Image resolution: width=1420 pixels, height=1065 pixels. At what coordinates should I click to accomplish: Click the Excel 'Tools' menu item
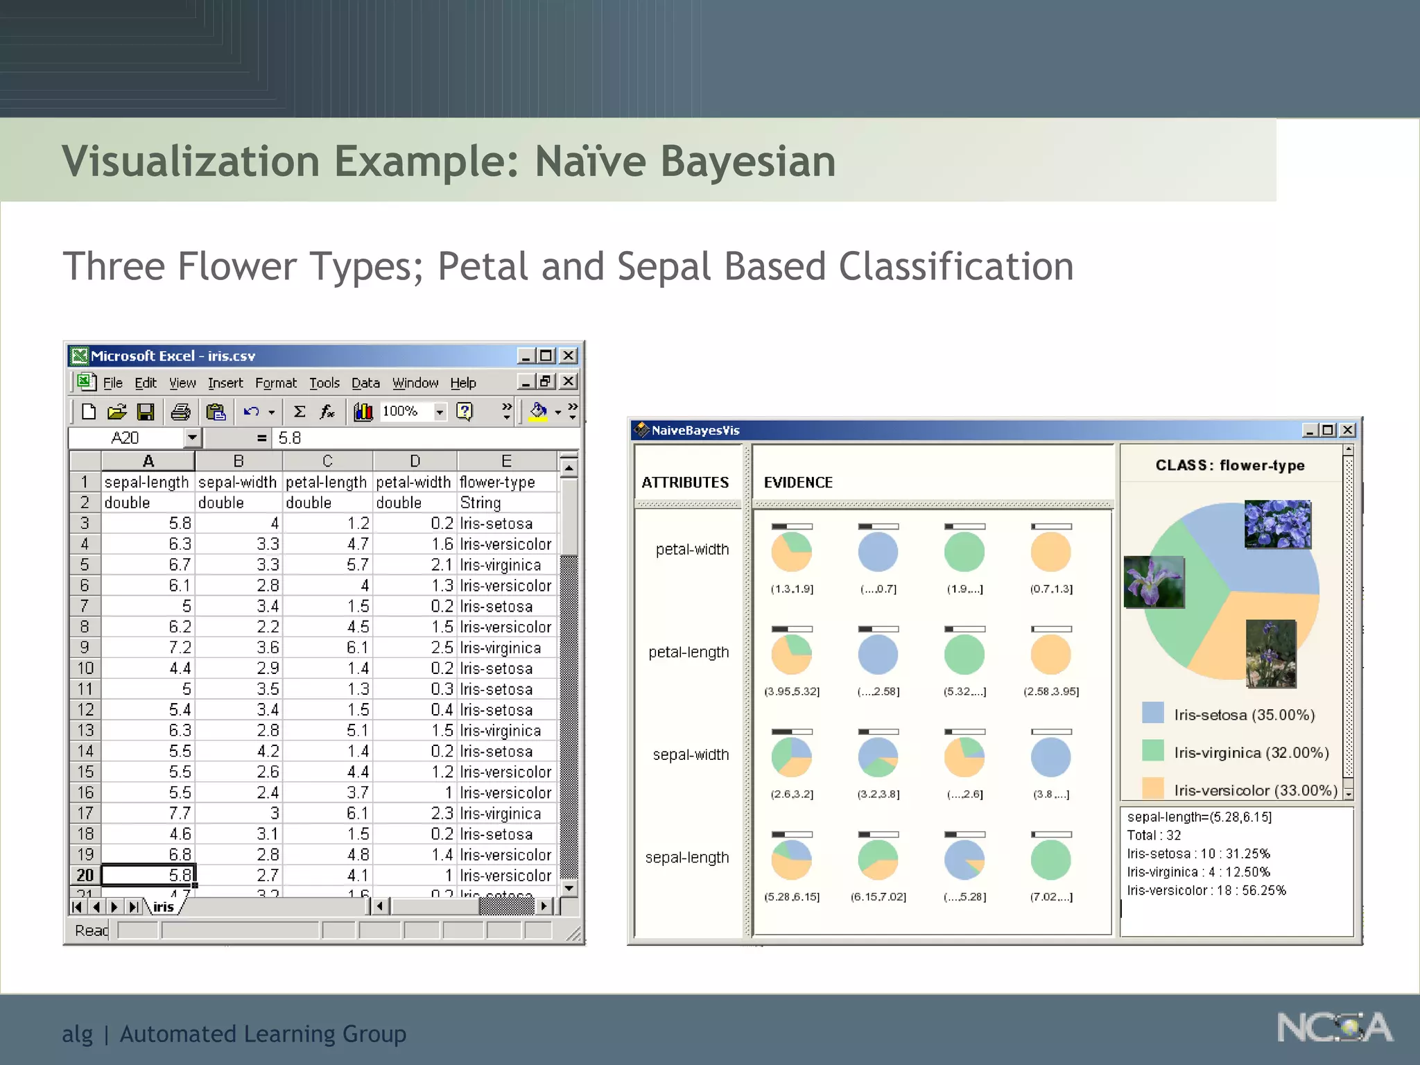click(324, 383)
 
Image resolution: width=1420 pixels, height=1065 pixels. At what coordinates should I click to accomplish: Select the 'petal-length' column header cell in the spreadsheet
click(326, 482)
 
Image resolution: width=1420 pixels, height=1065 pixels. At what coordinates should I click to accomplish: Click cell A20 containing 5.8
click(148, 875)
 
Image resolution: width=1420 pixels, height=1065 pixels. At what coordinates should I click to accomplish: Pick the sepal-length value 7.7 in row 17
click(148, 813)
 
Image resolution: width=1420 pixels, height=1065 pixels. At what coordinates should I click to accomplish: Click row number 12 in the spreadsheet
click(85, 709)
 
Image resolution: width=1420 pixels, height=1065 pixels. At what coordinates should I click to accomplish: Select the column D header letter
click(415, 461)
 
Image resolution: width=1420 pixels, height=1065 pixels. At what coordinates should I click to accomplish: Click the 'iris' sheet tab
click(164, 907)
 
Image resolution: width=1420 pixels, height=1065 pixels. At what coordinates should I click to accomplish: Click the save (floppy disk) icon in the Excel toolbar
click(146, 412)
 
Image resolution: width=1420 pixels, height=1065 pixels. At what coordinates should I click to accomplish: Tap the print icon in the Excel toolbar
click(180, 412)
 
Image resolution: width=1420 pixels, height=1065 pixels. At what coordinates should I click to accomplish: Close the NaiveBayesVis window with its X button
click(1347, 430)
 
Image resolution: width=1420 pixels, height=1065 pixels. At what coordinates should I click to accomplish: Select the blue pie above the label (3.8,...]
click(1050, 757)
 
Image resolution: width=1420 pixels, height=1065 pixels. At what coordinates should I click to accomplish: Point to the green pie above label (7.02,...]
click(1050, 860)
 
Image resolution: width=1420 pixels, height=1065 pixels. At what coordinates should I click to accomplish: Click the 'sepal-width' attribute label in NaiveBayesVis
click(691, 754)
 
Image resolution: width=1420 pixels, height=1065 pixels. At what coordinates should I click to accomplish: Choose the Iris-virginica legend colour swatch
click(1152, 751)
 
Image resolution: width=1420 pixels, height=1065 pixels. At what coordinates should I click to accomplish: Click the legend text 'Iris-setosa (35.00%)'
click(1244, 715)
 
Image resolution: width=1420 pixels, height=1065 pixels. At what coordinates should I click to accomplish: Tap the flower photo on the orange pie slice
click(1270, 653)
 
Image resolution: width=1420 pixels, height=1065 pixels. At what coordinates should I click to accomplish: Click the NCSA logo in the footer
click(1334, 1028)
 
